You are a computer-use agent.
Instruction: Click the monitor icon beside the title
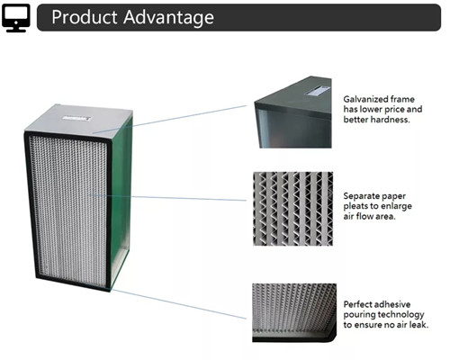pyautogui.click(x=16, y=18)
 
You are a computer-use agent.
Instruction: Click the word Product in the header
pyautogui.click(x=85, y=17)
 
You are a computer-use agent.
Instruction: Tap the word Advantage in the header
pyautogui.click(x=168, y=17)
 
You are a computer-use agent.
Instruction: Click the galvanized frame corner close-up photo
pyautogui.click(x=293, y=112)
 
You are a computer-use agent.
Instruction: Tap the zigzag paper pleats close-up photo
pyautogui.click(x=293, y=209)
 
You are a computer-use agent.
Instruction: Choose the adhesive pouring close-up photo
pyautogui.click(x=294, y=313)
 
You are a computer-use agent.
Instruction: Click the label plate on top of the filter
pyautogui.click(x=76, y=118)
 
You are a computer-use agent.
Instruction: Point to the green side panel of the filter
pyautogui.click(x=120, y=201)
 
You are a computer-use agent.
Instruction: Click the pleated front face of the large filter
pyautogui.click(x=68, y=210)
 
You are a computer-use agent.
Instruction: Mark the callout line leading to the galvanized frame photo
pyautogui.click(x=169, y=119)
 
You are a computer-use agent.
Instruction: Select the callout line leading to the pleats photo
pyautogui.click(x=168, y=197)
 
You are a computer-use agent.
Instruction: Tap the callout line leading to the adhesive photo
pyautogui.click(x=178, y=303)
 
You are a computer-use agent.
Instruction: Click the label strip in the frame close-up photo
pyautogui.click(x=317, y=91)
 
